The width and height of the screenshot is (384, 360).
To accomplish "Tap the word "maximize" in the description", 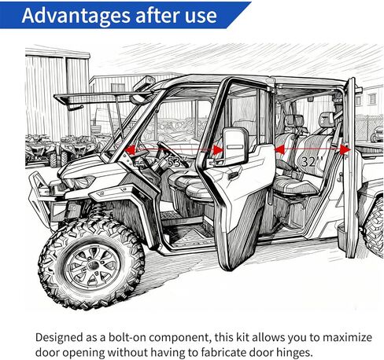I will point(338,336).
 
